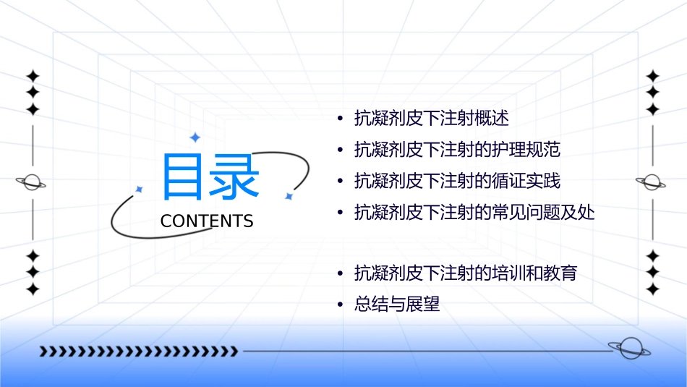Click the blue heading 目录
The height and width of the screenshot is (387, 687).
(x=210, y=177)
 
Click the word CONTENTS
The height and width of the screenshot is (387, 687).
(x=207, y=221)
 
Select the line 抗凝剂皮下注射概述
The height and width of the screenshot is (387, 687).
(x=432, y=118)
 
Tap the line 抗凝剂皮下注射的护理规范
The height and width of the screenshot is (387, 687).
(x=458, y=150)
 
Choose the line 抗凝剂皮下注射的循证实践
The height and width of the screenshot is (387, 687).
(x=458, y=181)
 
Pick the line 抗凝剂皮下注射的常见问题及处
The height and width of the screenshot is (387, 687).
(x=474, y=212)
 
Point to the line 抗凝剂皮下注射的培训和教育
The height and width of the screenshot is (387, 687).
(x=466, y=274)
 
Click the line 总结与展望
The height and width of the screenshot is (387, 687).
(x=397, y=305)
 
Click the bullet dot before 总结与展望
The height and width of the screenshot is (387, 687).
(x=340, y=305)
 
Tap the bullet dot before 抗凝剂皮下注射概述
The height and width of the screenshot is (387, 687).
(x=340, y=119)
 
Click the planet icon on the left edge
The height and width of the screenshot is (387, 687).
(x=32, y=182)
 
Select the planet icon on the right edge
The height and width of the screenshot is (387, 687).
(x=652, y=182)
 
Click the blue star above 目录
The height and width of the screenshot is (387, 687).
(x=195, y=137)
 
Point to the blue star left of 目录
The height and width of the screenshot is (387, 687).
(x=140, y=190)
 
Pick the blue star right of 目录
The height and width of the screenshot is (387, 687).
(x=289, y=196)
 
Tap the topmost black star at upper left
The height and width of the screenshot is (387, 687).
(x=33, y=76)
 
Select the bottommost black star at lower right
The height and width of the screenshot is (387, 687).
(x=653, y=289)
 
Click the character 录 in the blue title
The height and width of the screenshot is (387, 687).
(x=235, y=177)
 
